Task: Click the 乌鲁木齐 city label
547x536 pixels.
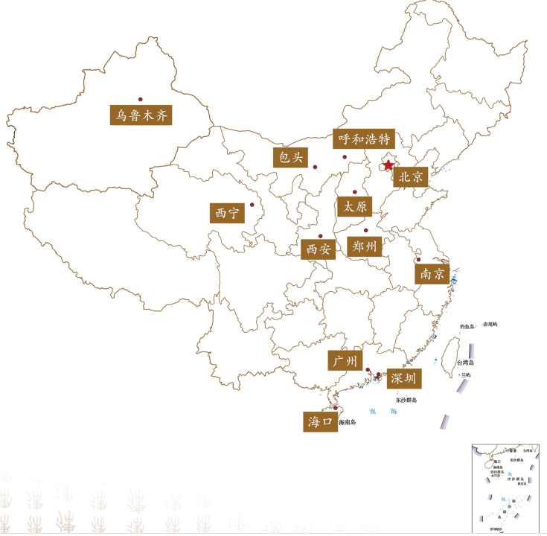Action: point(140,115)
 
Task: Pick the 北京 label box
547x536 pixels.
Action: point(410,177)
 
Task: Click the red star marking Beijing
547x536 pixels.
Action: point(388,166)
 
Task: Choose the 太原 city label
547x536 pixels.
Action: point(354,207)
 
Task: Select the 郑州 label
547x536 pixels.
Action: point(365,246)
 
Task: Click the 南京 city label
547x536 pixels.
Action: point(432,274)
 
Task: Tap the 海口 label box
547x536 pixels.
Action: point(319,421)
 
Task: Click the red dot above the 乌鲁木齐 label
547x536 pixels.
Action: point(140,99)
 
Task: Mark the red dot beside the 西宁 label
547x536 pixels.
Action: point(252,205)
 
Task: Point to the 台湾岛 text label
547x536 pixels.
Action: point(466,363)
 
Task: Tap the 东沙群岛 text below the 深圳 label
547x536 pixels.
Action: point(406,400)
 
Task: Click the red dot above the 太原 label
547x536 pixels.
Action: point(354,192)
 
